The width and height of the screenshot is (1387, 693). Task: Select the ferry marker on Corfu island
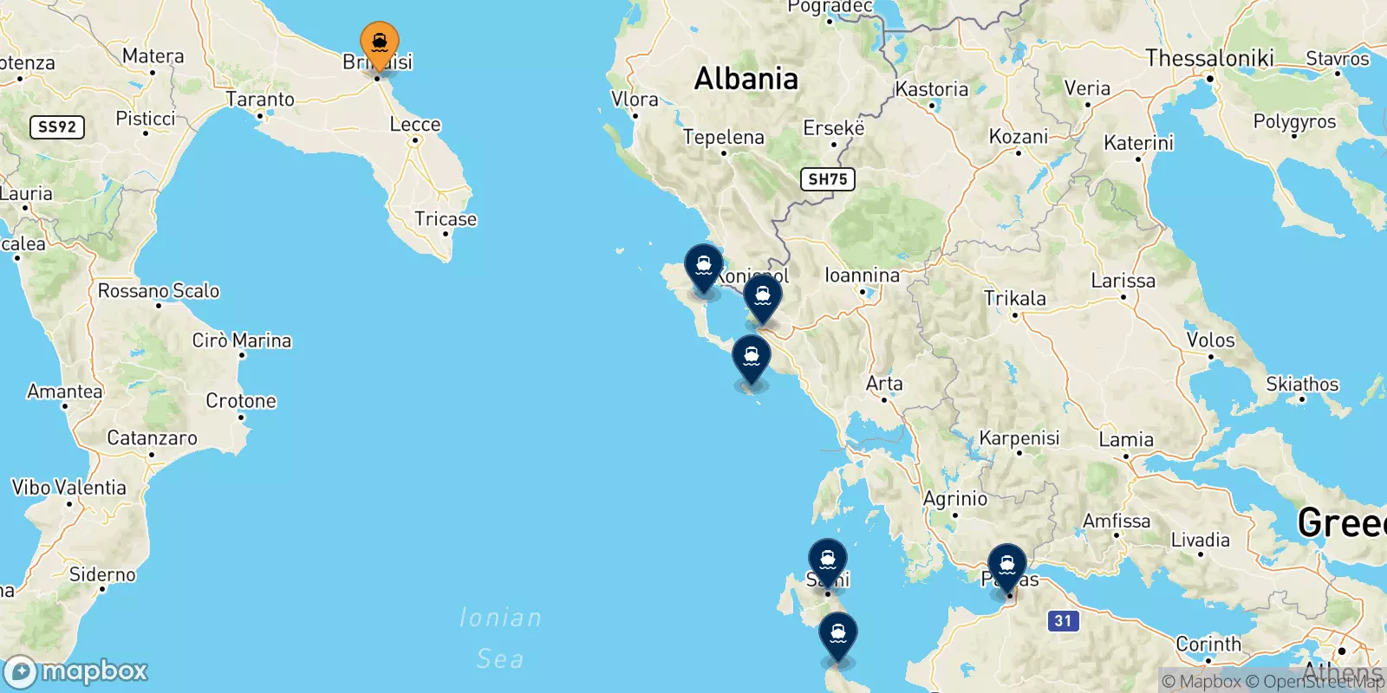[x=703, y=266]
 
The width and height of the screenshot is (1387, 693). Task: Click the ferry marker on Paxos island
[x=751, y=358]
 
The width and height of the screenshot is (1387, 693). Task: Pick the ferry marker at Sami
[x=827, y=560]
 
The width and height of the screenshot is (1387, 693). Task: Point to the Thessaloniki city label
[x=1209, y=58]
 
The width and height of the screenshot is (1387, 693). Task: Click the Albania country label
[x=746, y=79]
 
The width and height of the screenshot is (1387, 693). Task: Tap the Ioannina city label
[x=862, y=275]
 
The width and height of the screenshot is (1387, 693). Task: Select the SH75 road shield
[x=827, y=179]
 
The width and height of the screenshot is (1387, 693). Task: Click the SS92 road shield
[x=57, y=126]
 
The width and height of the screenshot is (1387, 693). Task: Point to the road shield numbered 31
[x=1063, y=620]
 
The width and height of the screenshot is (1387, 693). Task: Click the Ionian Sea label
[x=500, y=638]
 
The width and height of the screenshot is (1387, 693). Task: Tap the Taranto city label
[x=260, y=100]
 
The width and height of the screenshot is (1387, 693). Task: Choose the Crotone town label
[x=241, y=401]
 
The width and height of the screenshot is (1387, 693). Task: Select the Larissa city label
[x=1123, y=281]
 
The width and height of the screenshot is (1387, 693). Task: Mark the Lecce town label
[x=415, y=125]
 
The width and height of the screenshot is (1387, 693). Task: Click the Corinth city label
[x=1208, y=644]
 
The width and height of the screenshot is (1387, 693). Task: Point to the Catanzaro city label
[x=152, y=438]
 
